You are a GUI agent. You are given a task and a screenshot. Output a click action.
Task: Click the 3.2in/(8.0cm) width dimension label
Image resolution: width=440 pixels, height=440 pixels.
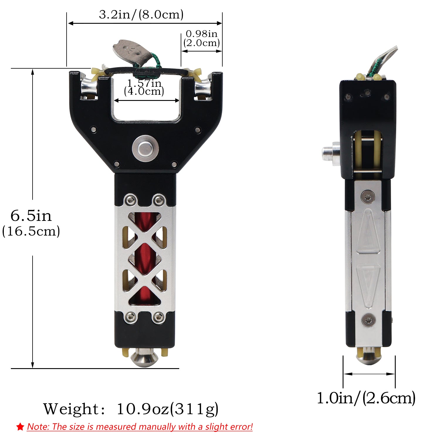141,14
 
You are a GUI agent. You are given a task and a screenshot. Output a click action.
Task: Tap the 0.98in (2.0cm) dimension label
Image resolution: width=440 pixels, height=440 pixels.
202,38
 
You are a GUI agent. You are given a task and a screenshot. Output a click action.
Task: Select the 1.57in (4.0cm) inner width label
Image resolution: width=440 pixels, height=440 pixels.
144,87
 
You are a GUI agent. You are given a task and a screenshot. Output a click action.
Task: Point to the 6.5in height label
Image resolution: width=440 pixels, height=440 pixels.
31,216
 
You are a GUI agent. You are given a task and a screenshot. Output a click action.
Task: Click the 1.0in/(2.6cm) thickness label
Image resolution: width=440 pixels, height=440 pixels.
366,398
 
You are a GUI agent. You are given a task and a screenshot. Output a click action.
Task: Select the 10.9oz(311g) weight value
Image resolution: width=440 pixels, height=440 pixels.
167,409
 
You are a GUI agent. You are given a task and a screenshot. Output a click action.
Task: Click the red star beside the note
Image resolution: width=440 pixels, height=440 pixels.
20,427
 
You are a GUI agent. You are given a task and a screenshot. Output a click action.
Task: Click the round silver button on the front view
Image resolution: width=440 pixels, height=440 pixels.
145,148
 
